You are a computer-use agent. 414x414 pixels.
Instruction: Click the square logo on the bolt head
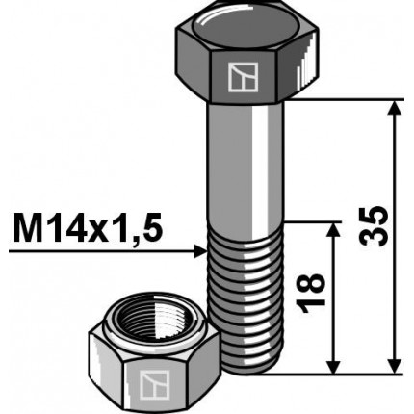coord(237,76)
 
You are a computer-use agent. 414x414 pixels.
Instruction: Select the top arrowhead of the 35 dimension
coord(395,108)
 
